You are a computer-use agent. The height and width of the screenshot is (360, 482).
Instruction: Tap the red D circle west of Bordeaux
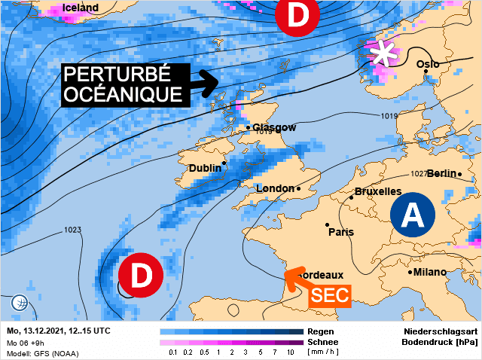tap(140, 276)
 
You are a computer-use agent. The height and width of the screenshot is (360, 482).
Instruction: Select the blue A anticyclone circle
tap(413, 215)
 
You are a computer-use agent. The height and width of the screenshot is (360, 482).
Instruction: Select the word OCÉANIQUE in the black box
tap(123, 94)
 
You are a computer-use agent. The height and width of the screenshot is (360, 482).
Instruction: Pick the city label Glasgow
tap(274, 127)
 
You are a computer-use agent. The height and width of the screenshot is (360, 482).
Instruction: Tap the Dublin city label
tap(204, 168)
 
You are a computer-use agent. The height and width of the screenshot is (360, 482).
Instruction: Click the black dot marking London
tap(298, 188)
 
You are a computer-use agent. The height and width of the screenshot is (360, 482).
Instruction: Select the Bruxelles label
tap(377, 192)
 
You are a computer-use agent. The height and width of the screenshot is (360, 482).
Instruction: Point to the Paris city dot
tap(327, 224)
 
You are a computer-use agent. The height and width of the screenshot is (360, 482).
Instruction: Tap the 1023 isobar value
tap(73, 230)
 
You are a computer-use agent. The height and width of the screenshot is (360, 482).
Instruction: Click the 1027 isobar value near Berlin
tap(419, 173)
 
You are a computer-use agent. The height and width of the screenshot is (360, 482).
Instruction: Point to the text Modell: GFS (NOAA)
tap(42, 353)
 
